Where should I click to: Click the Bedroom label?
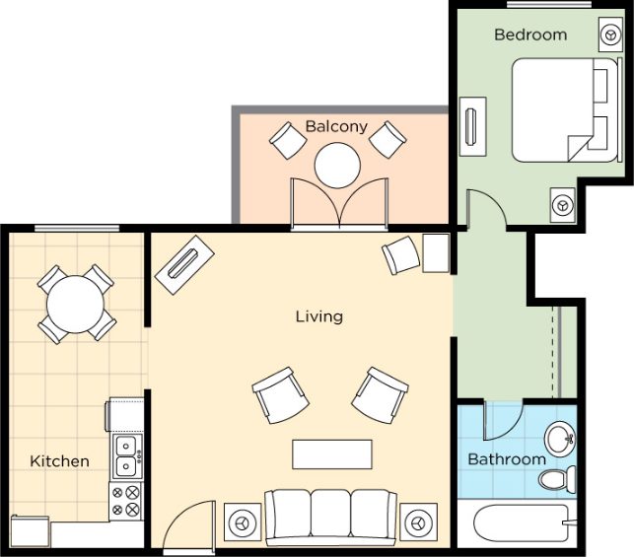530,35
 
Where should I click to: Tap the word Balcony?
336,126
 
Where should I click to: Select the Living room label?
319,316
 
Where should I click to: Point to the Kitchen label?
60,461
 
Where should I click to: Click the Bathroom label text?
507,459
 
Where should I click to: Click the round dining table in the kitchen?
76,304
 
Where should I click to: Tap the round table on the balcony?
337,166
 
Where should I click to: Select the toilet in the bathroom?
558,479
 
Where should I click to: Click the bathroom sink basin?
560,439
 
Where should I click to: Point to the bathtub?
522,523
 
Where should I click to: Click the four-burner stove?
126,501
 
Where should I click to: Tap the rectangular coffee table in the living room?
332,454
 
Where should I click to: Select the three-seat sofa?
330,517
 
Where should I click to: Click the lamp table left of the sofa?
243,522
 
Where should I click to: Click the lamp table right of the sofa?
418,522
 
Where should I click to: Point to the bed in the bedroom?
566,110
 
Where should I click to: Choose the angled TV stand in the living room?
184,265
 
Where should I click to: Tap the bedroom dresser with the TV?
472,126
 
